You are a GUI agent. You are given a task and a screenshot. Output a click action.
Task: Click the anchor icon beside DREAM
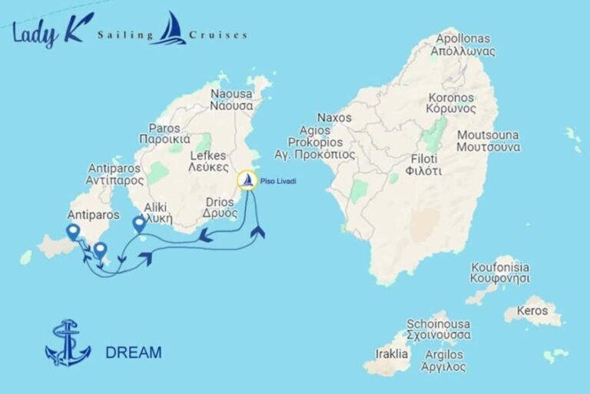pos(68,343)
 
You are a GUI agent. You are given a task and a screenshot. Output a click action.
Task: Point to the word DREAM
pos(134,353)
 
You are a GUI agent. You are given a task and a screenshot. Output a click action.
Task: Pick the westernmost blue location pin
pos(73,232)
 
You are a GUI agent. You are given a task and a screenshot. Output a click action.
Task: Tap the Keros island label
pos(532,311)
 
